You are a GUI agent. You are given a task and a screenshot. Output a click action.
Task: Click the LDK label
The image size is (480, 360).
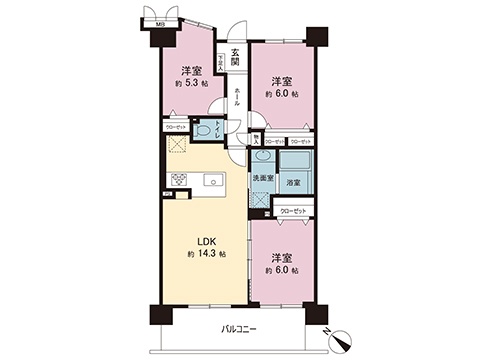(x=201, y=242)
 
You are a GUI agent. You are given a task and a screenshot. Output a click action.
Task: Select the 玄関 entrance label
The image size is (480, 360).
(x=235, y=58)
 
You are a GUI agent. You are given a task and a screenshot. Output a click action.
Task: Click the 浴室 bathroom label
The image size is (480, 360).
(x=294, y=184)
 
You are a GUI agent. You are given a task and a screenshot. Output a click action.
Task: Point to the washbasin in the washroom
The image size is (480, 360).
(x=261, y=157)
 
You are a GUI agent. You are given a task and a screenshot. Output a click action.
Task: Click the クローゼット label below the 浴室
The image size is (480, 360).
(x=294, y=210)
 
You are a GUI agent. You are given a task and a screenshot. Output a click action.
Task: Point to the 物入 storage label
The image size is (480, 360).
(x=258, y=139)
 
